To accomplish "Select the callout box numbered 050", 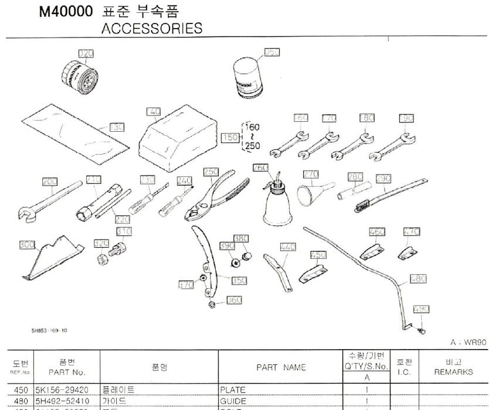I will point(271,52).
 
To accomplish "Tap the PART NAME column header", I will point(281,367).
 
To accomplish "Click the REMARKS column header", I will point(454,371).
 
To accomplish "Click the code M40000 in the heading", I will point(66,11).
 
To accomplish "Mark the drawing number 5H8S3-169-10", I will point(49,330).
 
